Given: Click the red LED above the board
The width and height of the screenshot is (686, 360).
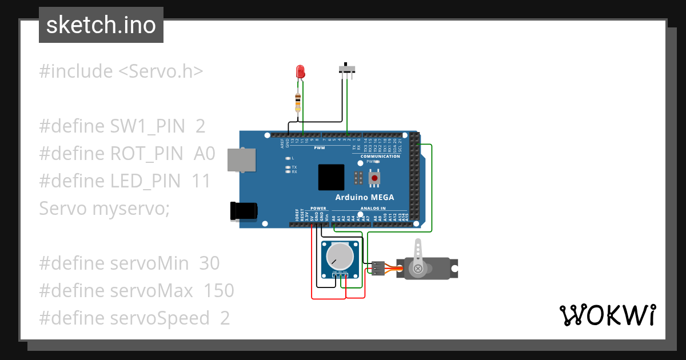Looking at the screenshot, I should pyautogui.click(x=300, y=71).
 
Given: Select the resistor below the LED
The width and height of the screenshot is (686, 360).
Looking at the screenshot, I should pyautogui.click(x=297, y=103).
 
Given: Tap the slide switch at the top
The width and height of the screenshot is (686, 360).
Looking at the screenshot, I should pyautogui.click(x=347, y=69).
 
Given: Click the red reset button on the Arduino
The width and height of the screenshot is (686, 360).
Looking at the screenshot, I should pyautogui.click(x=374, y=178).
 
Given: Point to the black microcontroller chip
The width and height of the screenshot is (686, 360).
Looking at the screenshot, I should pyautogui.click(x=332, y=177).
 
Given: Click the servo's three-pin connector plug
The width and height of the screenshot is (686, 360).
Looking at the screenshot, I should pyautogui.click(x=377, y=267).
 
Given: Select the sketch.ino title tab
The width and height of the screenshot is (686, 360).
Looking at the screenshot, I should pyautogui.click(x=101, y=25).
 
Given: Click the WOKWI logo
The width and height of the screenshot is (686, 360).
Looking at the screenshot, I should pyautogui.click(x=607, y=315).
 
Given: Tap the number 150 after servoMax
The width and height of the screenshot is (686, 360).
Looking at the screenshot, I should pyautogui.click(x=219, y=291).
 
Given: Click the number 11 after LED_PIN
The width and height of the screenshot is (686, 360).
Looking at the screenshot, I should pyautogui.click(x=201, y=181).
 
